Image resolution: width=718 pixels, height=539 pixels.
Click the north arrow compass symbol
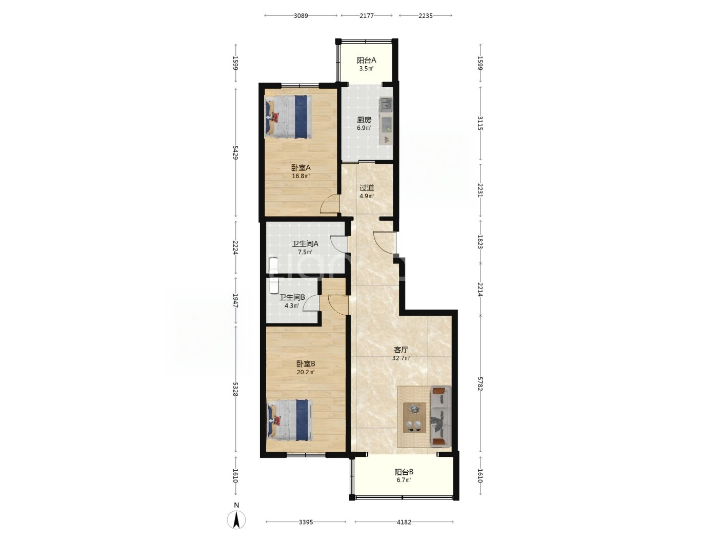[x=236, y=519]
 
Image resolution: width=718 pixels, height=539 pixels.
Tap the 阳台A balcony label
[x=366, y=60]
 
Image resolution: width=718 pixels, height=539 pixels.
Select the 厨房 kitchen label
[x=364, y=120]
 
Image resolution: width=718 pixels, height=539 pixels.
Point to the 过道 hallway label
[x=366, y=188]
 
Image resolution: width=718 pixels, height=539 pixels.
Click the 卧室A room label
[x=301, y=168]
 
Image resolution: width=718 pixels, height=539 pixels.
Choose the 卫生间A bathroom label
[x=305, y=244]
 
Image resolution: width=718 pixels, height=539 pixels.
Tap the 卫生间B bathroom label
[x=292, y=298]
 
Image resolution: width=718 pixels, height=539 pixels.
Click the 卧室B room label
[x=306, y=364]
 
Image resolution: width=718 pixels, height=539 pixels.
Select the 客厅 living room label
[x=401, y=350]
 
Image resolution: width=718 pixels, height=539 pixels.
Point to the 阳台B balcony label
[x=404, y=472]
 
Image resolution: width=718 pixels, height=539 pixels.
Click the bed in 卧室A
[x=288, y=116]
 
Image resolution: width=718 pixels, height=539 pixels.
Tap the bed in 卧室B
[x=289, y=420]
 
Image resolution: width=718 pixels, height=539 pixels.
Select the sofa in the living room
[x=440, y=416]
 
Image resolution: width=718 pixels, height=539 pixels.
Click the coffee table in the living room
[x=414, y=417]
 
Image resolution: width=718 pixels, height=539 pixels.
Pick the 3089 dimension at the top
[x=301, y=16]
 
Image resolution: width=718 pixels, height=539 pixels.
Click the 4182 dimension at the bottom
[x=404, y=522]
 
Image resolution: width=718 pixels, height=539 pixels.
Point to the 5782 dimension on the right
[x=480, y=383]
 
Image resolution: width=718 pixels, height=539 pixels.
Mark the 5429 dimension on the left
[x=235, y=152]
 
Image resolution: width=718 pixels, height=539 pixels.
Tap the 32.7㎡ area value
[x=401, y=358]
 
